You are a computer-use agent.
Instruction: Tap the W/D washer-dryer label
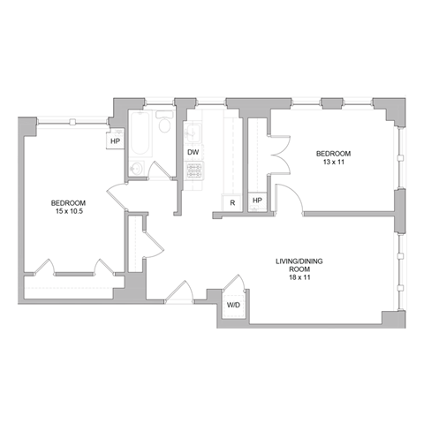233,305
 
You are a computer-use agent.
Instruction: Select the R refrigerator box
231,202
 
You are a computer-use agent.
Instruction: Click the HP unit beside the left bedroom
116,140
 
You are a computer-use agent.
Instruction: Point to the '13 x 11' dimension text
334,163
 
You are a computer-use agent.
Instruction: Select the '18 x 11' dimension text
294,277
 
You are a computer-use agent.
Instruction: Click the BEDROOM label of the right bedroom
334,154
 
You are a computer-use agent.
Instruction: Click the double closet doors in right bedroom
279,151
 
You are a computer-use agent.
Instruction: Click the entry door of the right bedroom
289,198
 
